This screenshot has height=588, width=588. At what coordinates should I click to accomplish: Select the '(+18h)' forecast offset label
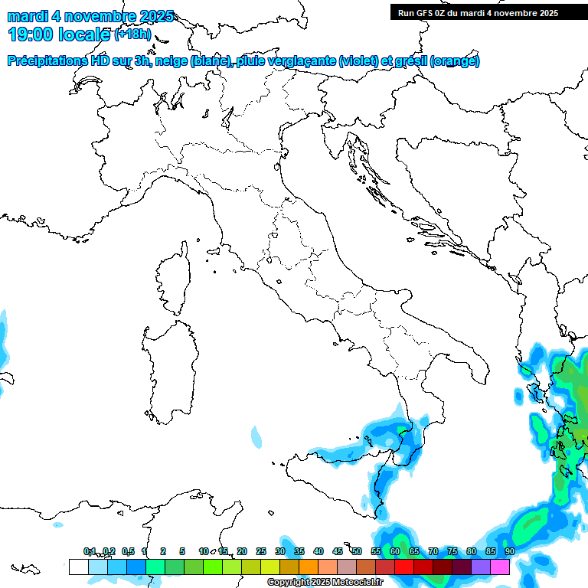[133, 34]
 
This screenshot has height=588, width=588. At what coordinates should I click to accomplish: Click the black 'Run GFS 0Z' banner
[478, 12]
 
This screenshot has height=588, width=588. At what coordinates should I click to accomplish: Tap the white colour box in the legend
[78, 567]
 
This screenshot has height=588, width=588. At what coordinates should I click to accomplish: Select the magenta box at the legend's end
[500, 567]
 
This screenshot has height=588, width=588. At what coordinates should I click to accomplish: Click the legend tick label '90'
[510, 551]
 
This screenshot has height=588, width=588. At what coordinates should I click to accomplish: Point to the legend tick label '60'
[395, 551]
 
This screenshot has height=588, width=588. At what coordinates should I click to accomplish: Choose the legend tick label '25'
[261, 551]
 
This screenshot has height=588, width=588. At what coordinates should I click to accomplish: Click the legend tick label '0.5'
[128, 551]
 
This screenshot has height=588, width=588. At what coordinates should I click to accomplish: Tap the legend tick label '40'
[318, 551]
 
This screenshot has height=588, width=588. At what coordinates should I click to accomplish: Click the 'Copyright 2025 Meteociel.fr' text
[325, 583]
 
